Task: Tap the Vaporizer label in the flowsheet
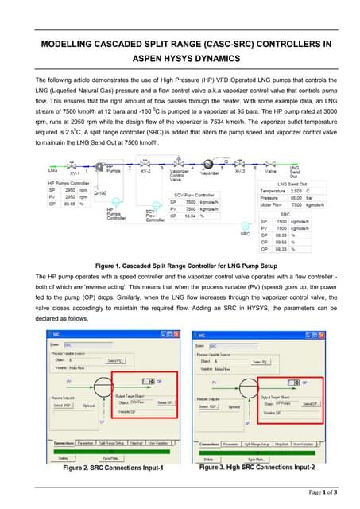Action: [210, 173]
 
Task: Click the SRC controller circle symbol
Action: [245, 224]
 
